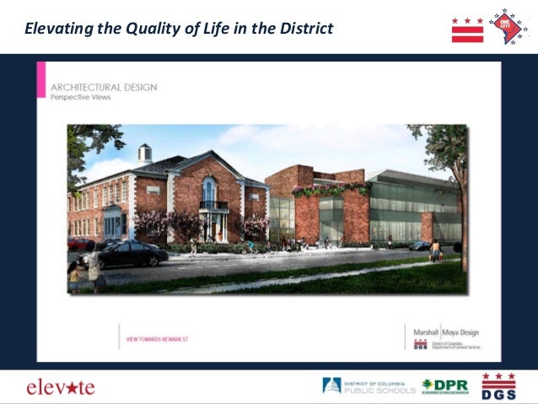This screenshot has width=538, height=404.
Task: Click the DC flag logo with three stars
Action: pyautogui.click(x=467, y=30)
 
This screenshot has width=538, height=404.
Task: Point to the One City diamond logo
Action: pyautogui.click(x=508, y=26)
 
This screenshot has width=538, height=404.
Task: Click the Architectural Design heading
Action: pyautogui.click(x=104, y=87)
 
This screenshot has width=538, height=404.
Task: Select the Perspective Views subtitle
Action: pyautogui.click(x=81, y=97)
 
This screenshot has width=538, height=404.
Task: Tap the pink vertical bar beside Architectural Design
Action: pyautogui.click(x=41, y=82)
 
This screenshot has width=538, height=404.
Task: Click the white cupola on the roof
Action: pyautogui.click(x=145, y=153)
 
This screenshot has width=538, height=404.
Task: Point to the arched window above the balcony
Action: pyautogui.click(x=209, y=189)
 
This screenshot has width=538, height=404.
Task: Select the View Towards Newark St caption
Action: pyautogui.click(x=158, y=339)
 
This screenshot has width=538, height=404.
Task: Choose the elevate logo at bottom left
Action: pyautogui.click(x=61, y=387)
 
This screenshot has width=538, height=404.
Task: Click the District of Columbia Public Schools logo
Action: pyautogui.click(x=368, y=386)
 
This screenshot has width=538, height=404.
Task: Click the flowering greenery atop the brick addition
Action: pyautogui.click(x=329, y=190)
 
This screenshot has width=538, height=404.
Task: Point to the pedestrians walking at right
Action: pyautogui.click(x=435, y=250)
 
